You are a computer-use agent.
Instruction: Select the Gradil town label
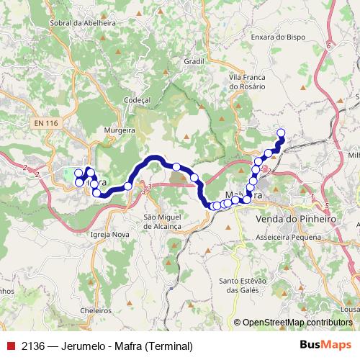[x=194, y=61]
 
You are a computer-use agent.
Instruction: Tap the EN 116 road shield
[x=45, y=125]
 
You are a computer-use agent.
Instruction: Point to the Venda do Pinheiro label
[x=296, y=217]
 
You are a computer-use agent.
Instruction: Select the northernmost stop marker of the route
[x=281, y=132]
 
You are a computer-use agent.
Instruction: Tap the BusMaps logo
[x=326, y=346]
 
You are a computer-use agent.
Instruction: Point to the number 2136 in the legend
[x=33, y=346]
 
